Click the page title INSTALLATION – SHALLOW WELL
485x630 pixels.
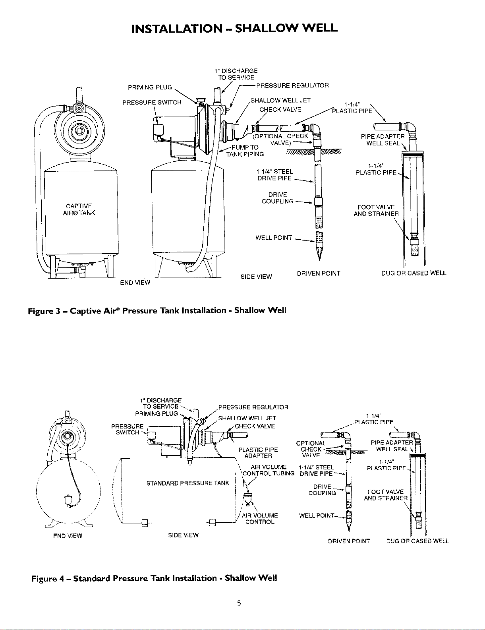pyautogui.click(x=234, y=28)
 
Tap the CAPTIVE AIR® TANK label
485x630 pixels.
pyautogui.click(x=79, y=209)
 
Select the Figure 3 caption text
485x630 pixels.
pyautogui.click(x=157, y=310)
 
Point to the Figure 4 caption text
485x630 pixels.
pyautogui.click(x=154, y=578)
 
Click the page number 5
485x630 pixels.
pyautogui.click(x=239, y=604)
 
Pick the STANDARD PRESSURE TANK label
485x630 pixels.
pyautogui.click(x=188, y=483)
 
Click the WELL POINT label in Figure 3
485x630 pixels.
pyautogui.click(x=274, y=238)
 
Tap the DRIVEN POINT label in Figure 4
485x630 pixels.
pyautogui.click(x=349, y=541)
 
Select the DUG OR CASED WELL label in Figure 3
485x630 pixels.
pyautogui.click(x=414, y=273)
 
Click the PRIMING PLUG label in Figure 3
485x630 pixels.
pyautogui.click(x=150, y=87)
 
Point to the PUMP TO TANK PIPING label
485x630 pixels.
pyautogui.click(x=245, y=151)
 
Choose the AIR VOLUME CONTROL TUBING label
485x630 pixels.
pyautogui.click(x=268, y=470)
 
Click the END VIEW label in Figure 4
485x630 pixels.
pyautogui.click(x=68, y=536)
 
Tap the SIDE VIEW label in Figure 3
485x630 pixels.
pyautogui.click(x=256, y=277)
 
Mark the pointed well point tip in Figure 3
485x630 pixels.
pyautogui.click(x=319, y=260)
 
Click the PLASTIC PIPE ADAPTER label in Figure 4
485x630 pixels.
pyautogui.click(x=258, y=453)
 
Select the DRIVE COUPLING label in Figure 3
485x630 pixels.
pyautogui.click(x=278, y=198)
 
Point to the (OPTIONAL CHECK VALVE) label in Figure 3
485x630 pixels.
pyautogui.click(x=281, y=140)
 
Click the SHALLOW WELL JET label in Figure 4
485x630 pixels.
pyautogui.click(x=247, y=418)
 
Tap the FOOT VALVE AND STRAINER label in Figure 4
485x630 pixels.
pyautogui.click(x=386, y=495)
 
